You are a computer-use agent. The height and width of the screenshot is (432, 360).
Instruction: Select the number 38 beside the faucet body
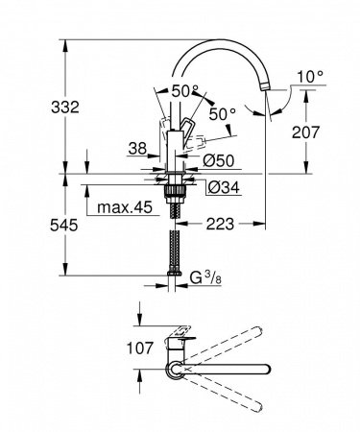tap(138, 149)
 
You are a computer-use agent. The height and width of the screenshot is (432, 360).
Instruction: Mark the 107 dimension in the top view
tap(116, 348)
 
